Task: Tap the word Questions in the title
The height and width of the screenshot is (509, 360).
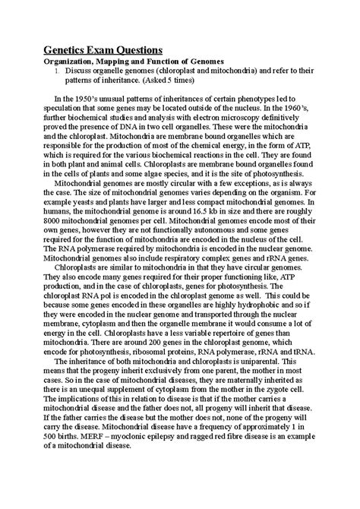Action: pyautogui.click(x=145, y=51)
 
